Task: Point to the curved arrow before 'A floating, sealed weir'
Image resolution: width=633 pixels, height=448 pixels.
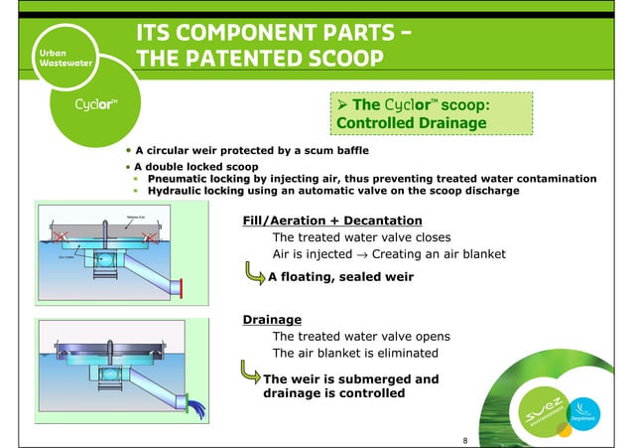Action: [253, 275]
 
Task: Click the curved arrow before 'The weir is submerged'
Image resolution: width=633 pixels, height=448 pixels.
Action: [252, 375]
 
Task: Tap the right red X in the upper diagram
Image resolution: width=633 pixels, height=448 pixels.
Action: [149, 237]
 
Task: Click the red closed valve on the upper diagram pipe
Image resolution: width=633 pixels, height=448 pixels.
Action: [182, 290]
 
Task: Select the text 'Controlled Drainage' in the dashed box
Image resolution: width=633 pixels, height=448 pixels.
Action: [411, 123]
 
